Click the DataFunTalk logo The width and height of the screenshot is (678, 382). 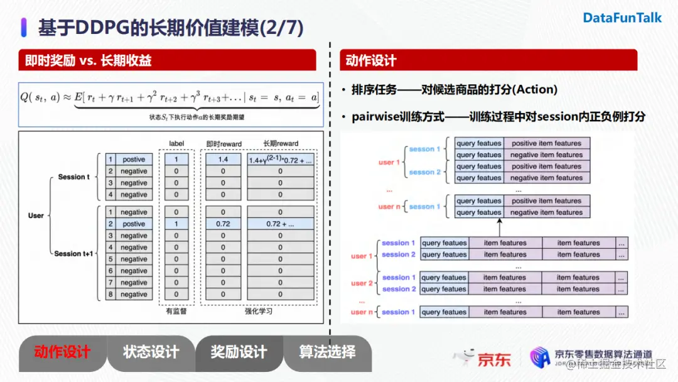click(622, 18)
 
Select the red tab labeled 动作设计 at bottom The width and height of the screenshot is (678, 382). click(62, 352)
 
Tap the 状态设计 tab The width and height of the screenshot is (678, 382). click(151, 352)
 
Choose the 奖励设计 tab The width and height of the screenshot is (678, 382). click(239, 352)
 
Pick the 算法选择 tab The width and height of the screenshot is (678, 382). click(327, 352)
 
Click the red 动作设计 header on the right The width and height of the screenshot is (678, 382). click(371, 61)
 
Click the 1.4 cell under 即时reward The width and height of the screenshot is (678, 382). click(223, 160)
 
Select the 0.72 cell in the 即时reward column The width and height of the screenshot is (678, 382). click(223, 224)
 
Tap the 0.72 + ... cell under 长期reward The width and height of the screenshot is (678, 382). click(280, 224)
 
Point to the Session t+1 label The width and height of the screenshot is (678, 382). click(73, 254)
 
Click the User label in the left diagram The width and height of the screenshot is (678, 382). click(36, 216)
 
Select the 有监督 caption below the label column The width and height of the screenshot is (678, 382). click(176, 311)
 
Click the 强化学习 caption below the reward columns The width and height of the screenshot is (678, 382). click(259, 311)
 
